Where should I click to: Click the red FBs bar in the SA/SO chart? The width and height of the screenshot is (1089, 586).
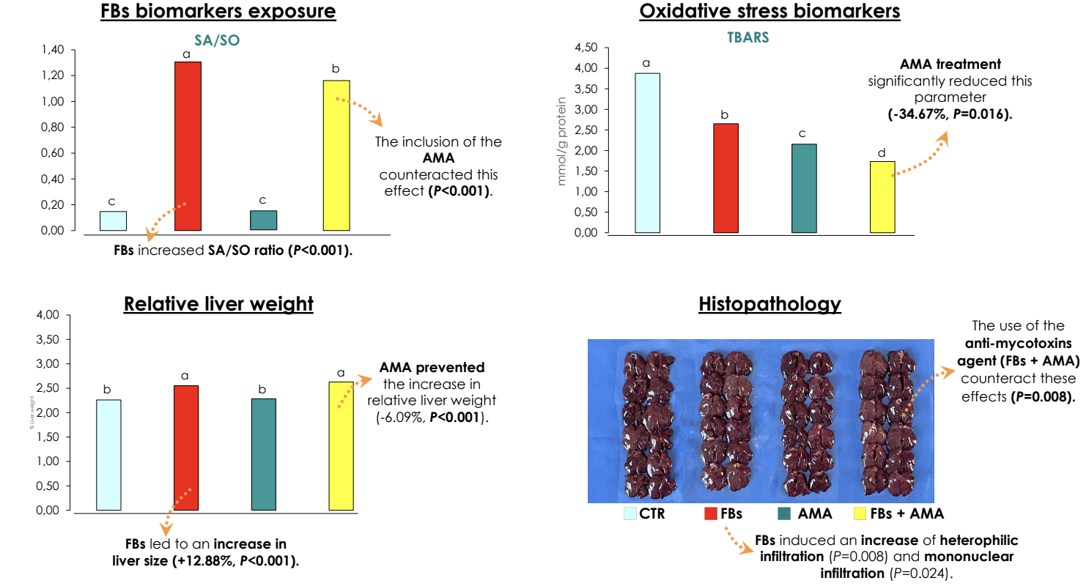tap(188, 146)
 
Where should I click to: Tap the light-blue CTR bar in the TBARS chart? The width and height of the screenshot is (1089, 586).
tap(647, 153)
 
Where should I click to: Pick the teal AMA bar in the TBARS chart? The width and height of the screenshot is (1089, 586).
tap(803, 188)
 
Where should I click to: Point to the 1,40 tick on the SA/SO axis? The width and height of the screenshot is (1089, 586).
tap(54, 50)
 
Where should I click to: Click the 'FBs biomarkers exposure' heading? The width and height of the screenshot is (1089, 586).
tap(218, 12)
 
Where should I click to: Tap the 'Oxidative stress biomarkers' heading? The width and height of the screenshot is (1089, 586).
tap(769, 12)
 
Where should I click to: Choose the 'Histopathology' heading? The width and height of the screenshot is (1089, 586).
tap(769, 304)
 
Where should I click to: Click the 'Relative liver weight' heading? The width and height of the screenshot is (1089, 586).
tap(218, 304)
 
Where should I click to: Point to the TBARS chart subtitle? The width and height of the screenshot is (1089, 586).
tap(743, 38)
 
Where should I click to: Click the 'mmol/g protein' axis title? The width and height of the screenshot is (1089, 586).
tap(563, 141)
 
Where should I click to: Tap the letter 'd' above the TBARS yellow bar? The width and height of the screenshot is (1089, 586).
tap(882, 153)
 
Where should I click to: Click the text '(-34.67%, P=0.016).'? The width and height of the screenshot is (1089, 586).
tap(950, 114)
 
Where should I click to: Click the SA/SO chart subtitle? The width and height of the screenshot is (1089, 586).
tap(217, 42)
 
